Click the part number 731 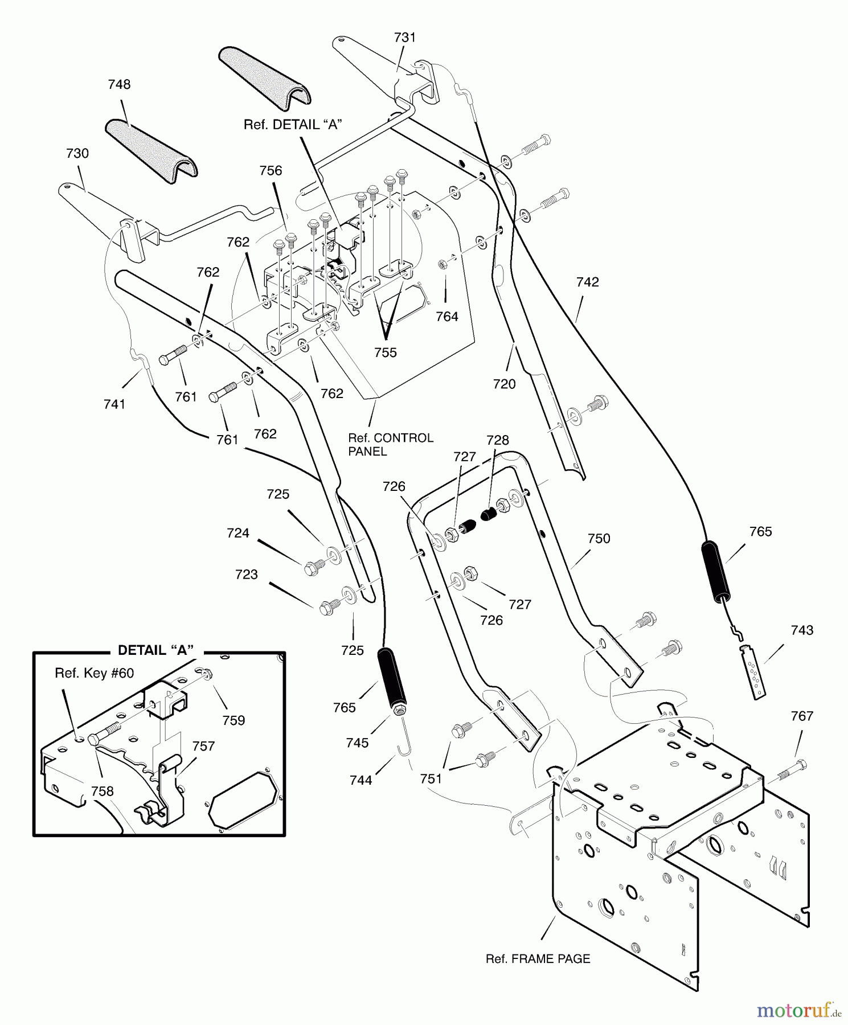coord(405,38)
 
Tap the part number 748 coord(119,84)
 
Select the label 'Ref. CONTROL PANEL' coord(391,445)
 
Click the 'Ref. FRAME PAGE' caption coord(538,959)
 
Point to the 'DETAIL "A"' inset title coord(155,650)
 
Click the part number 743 coord(802,630)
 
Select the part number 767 coord(802,716)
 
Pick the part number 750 coord(599,539)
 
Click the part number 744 coord(361,780)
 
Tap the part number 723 coord(247,575)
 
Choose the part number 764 coord(447,317)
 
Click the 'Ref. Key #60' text coord(94,673)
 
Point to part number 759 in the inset coord(233,720)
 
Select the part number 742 coord(588,282)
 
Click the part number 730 coord(77,153)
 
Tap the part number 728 coord(498,440)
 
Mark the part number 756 coord(271,170)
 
